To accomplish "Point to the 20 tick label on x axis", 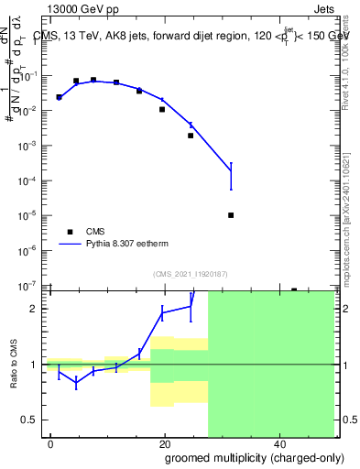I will [x=164, y=443].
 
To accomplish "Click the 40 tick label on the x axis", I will [x=278, y=443].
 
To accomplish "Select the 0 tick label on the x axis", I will [x=50, y=443].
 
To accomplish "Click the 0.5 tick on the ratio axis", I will [x=33, y=420].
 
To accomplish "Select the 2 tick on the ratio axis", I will [x=38, y=309].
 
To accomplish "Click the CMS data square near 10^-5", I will [x=231, y=215].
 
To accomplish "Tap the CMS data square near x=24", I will [x=191, y=136].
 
